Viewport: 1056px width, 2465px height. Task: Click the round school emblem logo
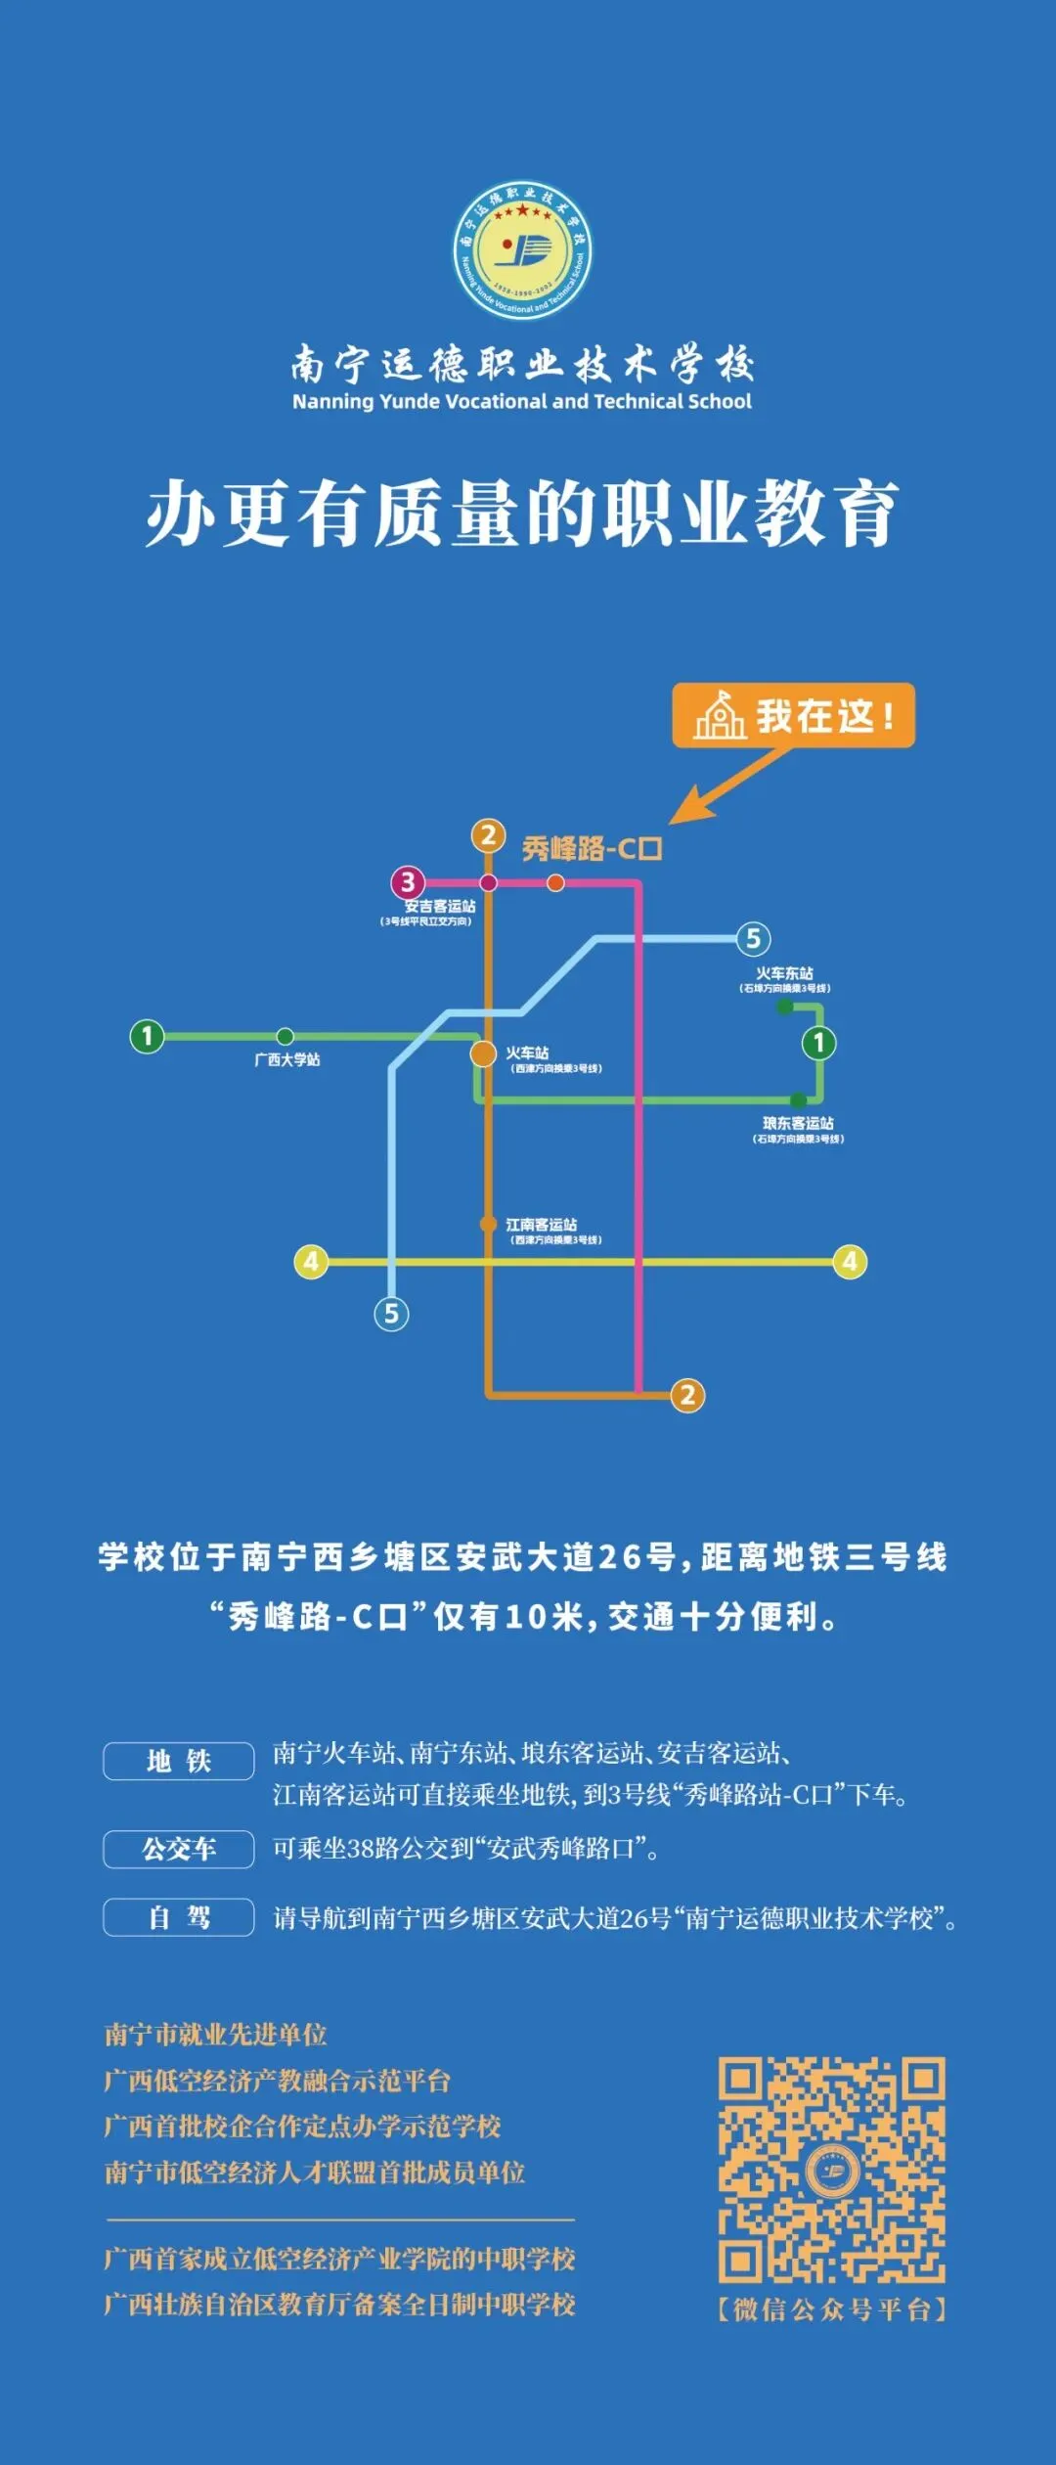pos(522,250)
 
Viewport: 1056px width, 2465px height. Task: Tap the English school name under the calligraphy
pos(522,401)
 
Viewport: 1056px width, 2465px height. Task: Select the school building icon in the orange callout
pos(720,715)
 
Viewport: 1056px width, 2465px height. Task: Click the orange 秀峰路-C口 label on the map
pos(592,848)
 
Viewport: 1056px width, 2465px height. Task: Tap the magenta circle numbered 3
pos(408,882)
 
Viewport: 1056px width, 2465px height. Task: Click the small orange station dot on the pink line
pos(555,883)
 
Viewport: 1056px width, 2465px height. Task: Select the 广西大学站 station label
pos(286,1059)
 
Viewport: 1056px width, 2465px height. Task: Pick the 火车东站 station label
pos(784,973)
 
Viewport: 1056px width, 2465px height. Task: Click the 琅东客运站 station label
pos(798,1123)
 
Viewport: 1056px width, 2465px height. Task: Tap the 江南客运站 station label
pos(541,1224)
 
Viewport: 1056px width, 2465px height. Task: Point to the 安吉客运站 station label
pos(440,907)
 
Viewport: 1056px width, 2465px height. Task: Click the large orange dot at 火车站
pos(484,1053)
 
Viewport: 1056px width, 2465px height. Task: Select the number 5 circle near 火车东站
pos(753,939)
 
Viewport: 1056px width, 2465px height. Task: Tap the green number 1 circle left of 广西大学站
pos(148,1036)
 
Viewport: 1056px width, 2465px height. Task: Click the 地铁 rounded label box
pos(179,1761)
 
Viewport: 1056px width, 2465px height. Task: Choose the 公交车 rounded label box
pos(179,1849)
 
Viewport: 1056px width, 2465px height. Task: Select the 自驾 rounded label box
pos(179,1917)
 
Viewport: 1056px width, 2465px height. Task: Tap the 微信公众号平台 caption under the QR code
pos(832,2309)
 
